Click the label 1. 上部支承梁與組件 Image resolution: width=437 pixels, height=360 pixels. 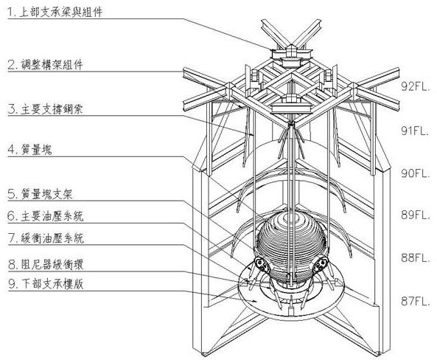55,12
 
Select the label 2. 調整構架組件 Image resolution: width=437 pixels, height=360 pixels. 45,65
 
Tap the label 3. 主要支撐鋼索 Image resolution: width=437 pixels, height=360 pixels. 45,109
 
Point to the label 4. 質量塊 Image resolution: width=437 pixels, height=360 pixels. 29,150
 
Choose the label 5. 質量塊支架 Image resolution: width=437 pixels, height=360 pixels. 40,194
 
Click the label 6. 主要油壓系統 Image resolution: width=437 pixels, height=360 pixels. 45,216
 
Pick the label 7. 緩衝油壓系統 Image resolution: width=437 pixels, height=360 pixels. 46,238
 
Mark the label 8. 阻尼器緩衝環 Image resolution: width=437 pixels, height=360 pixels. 46,265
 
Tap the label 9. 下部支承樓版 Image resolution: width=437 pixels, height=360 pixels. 46,284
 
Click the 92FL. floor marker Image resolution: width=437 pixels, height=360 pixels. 416,86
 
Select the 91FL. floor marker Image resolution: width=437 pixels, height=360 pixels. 415,131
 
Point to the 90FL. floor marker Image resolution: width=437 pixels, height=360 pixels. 416,173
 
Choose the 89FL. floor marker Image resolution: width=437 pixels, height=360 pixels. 416,215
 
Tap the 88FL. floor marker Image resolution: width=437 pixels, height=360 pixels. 416,257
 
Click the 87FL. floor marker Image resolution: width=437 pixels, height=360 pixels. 416,301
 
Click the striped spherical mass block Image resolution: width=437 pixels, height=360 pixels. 291,246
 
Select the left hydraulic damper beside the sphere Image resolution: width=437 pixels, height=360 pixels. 262,264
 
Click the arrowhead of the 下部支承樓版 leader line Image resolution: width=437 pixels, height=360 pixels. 254,301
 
